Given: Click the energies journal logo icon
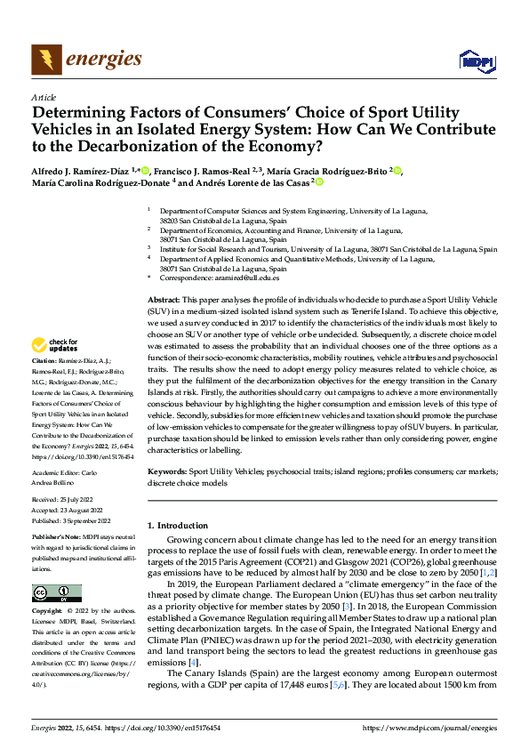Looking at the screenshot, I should point(44,60).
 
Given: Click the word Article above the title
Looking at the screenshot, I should point(43,96).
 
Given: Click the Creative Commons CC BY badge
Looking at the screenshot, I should point(56,592).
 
